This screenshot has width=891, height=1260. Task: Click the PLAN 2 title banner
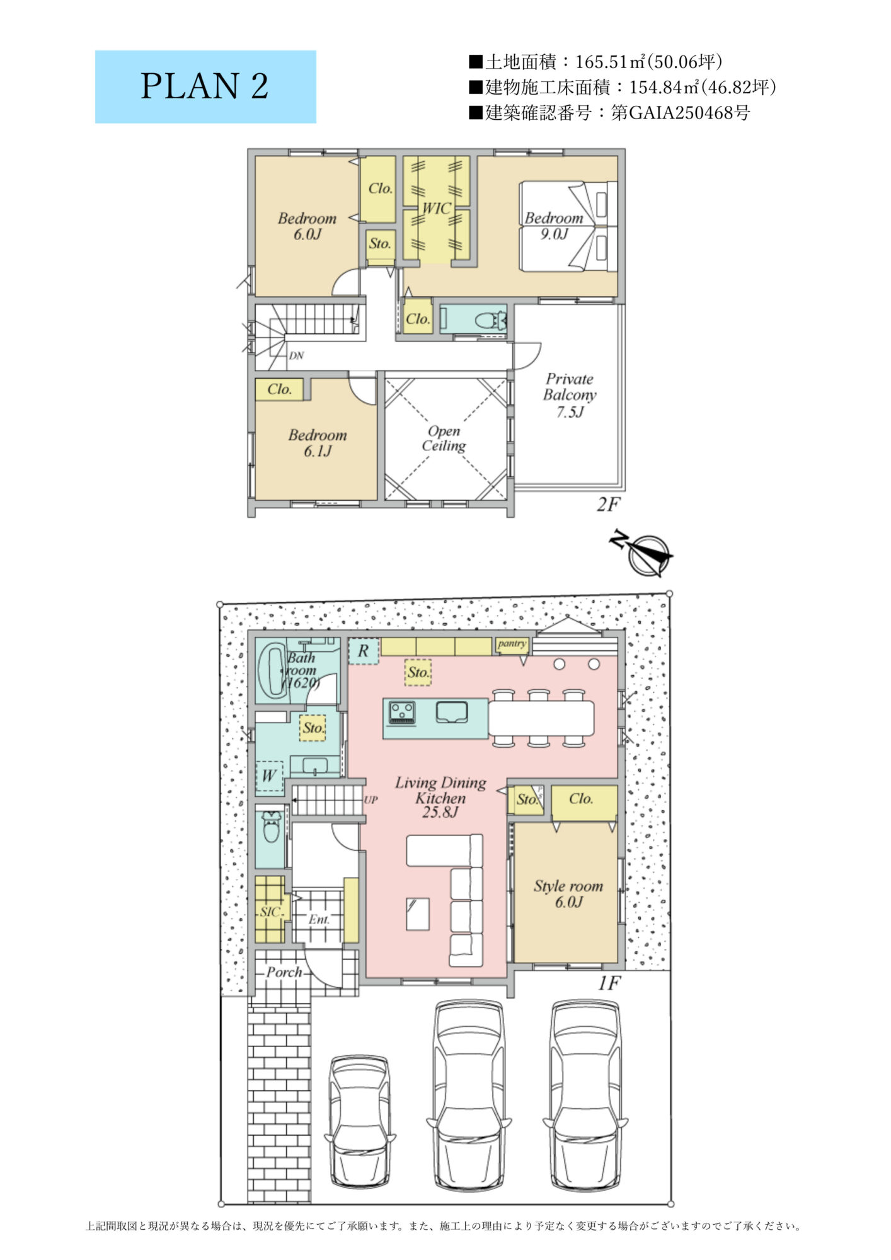[205, 87]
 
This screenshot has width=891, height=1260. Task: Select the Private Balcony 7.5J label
[570, 396]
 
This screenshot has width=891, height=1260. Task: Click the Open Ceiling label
[444, 438]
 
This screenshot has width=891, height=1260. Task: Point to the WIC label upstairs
[436, 208]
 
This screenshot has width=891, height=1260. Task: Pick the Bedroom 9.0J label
[554, 226]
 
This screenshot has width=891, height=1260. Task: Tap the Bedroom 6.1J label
[318, 443]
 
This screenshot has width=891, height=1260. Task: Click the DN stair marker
[296, 356]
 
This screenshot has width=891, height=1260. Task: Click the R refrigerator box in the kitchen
[364, 651]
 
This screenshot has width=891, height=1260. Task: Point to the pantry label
[512, 644]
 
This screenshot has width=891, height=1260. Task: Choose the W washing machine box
[270, 776]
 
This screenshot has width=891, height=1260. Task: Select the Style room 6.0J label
[568, 894]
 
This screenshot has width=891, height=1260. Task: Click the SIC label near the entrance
[270, 911]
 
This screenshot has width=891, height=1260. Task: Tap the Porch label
[284, 972]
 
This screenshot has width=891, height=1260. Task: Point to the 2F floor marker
[609, 504]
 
